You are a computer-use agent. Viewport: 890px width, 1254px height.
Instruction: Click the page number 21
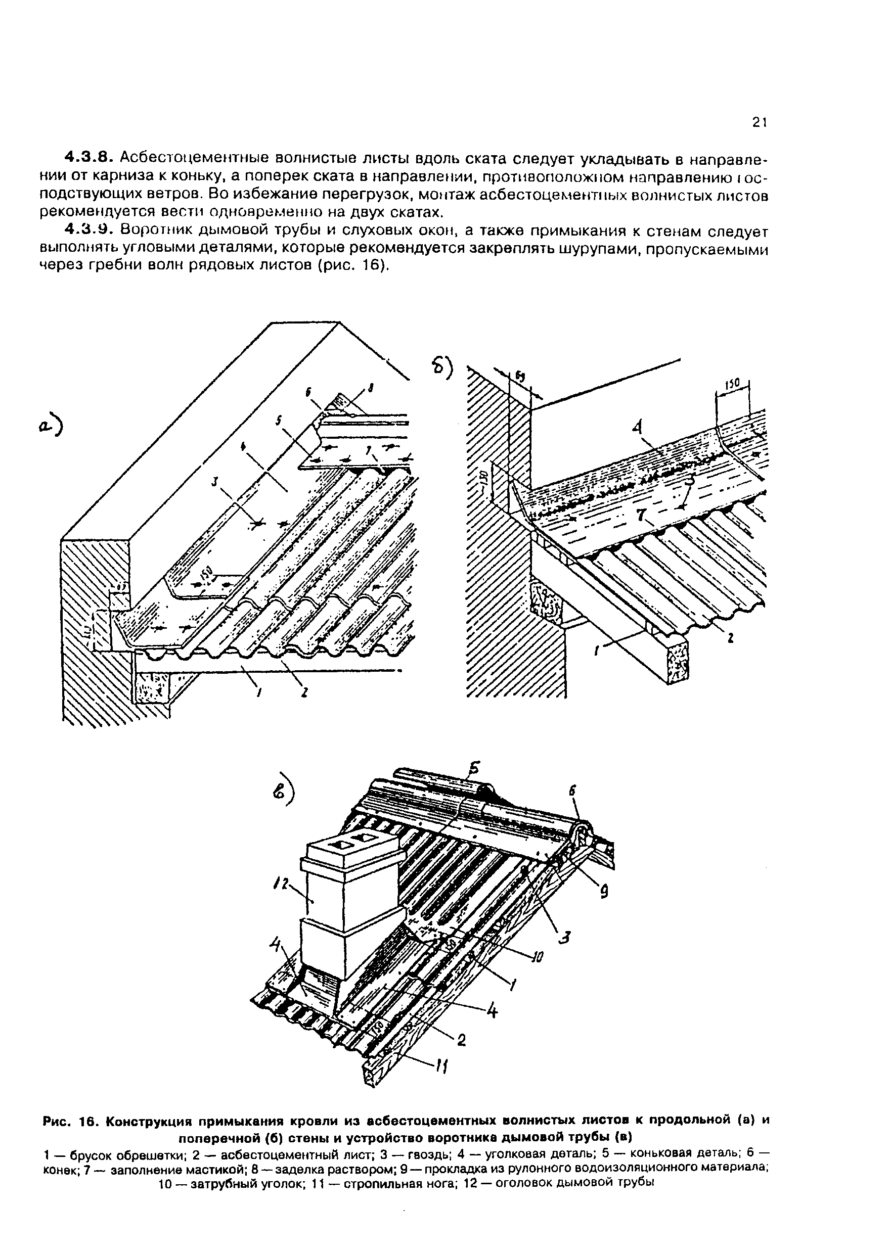[758, 123]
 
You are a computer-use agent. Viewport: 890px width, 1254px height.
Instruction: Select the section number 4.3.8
[89, 157]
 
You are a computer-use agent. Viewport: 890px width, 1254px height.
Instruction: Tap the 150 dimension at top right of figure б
[734, 382]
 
